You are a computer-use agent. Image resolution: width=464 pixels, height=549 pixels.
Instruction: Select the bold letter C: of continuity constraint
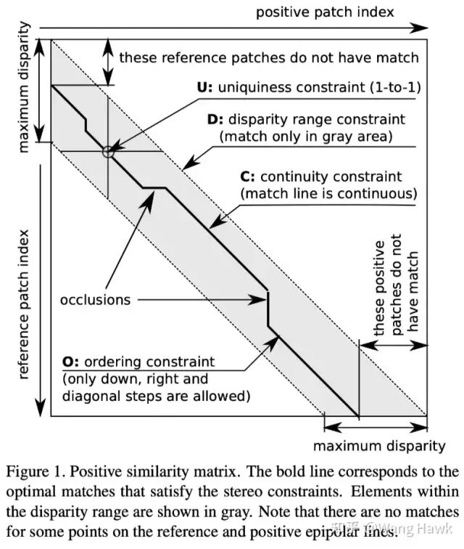(x=247, y=176)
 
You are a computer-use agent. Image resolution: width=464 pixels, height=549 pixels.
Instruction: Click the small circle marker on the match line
(x=108, y=152)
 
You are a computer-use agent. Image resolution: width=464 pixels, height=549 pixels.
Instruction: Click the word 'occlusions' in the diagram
(x=96, y=299)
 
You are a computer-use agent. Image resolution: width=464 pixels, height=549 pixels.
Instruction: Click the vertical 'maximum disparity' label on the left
(x=23, y=88)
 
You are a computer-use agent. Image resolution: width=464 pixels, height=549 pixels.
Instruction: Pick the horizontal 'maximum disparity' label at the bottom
(x=378, y=445)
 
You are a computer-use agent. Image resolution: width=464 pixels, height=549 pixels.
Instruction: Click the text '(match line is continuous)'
(x=329, y=194)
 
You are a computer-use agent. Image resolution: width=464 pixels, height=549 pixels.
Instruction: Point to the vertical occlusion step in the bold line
(x=269, y=309)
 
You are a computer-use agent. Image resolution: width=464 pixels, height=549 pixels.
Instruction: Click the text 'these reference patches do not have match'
(x=269, y=57)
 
